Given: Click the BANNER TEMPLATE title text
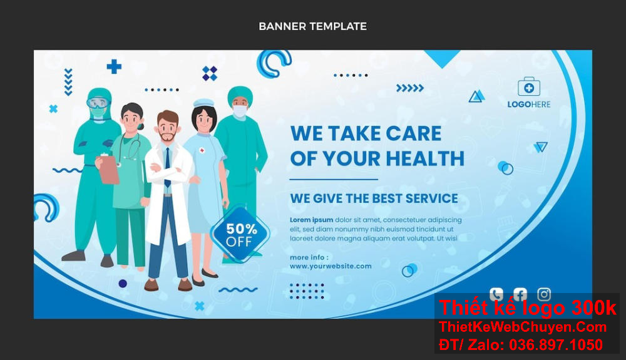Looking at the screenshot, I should pos(312,26).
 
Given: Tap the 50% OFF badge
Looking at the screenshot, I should pos(240,235).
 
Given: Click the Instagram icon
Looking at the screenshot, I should pos(544,294).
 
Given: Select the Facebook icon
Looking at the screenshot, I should pos(520,294).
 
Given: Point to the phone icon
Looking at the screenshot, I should pos(496,294).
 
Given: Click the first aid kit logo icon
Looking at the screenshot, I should pos(529,87).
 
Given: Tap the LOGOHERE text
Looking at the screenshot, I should pos(529,105).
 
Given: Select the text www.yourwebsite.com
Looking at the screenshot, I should pos(331,266).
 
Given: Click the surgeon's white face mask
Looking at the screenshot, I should pos(240,111).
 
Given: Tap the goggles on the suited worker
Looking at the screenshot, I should pos(98,103).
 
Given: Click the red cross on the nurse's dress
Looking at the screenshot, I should pos(202,150).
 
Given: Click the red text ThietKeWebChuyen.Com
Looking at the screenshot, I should pos(523,327).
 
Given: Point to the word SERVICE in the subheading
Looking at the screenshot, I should pos(431,198).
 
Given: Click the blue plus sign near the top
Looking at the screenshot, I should pos(114,66).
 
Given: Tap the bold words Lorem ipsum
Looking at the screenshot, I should pos(311,220).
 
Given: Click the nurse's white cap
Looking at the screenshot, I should pos(203,103).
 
